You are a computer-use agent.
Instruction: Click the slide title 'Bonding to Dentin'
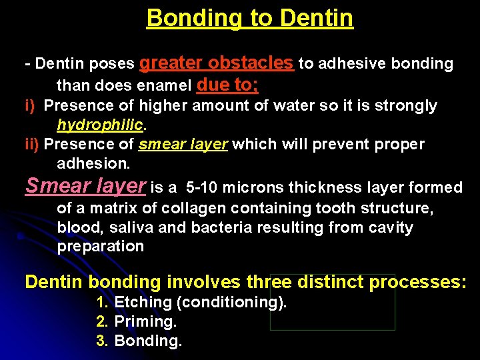coord(249,18)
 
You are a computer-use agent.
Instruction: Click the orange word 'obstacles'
coord(251,63)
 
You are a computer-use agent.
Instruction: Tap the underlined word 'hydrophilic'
coord(99,125)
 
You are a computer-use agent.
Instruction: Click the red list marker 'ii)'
coord(31,144)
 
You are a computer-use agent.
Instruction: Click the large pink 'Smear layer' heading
coord(85,185)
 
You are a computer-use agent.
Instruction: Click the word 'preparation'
coord(100,247)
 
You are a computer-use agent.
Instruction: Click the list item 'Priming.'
coord(145,322)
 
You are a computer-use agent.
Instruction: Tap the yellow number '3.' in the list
coord(102,341)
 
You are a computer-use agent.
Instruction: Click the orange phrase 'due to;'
coord(228,85)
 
